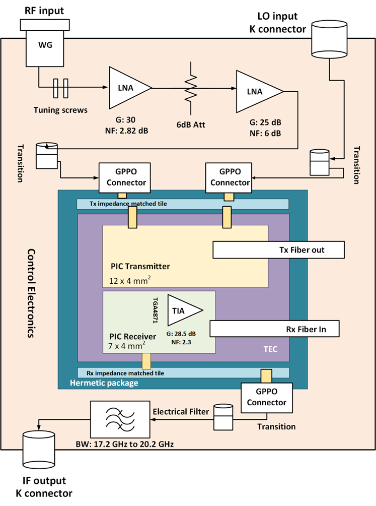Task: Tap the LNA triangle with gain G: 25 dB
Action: [x=257, y=91]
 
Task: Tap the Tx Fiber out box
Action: [x=279, y=249]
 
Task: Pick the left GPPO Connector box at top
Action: [x=122, y=177]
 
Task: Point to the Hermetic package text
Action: [x=105, y=383]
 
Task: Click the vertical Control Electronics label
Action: [x=31, y=293]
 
